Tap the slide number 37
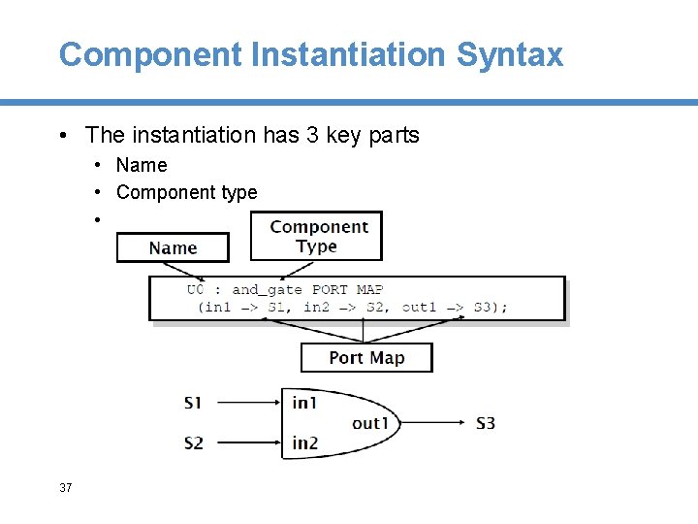65,487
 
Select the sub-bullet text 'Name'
142,165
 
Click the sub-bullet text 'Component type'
186,192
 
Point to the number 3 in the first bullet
312,135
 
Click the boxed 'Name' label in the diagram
173,248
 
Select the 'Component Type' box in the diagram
317,237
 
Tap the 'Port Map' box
366,357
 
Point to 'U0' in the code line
196,289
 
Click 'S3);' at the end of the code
490,308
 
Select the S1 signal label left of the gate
193,402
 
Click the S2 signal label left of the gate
193,442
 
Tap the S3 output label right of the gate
486,422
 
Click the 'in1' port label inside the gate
304,402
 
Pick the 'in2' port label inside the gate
304,442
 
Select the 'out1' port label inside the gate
369,422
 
